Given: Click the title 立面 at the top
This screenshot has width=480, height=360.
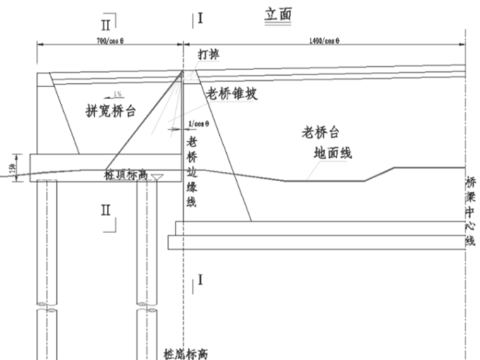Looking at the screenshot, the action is click(x=278, y=15).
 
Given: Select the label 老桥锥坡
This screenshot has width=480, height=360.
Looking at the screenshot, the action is click(x=232, y=93).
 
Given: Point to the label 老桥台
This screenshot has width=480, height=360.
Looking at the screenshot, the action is click(x=320, y=133).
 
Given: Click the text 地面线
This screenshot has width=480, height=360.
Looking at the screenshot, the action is click(x=332, y=153).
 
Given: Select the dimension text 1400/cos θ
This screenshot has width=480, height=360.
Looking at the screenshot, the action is click(x=325, y=41).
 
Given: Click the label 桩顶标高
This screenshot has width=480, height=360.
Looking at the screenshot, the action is click(x=125, y=175).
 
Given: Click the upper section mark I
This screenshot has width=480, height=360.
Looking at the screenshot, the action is click(x=200, y=18).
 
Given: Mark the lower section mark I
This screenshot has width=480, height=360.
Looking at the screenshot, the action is click(x=200, y=279).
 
